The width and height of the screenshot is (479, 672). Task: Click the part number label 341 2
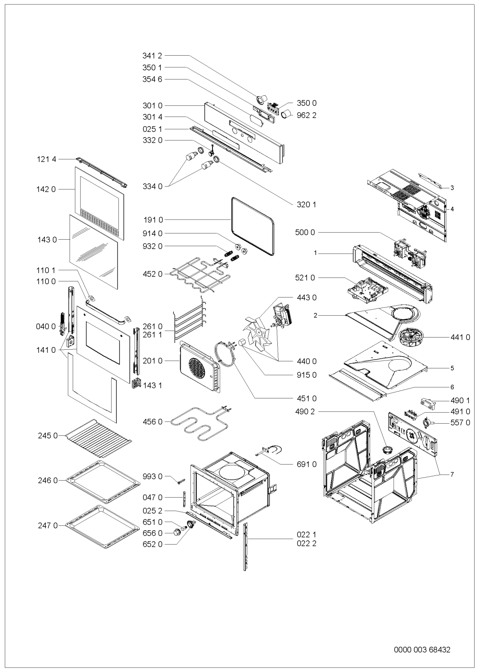(152, 56)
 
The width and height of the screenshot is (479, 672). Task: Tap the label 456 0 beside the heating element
(152, 421)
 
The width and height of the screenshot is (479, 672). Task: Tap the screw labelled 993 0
(181, 481)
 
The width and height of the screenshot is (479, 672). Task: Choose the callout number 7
(452, 474)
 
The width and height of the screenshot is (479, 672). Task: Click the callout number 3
(452, 188)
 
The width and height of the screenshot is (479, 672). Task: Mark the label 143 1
(152, 385)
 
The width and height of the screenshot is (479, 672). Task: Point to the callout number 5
(452, 368)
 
